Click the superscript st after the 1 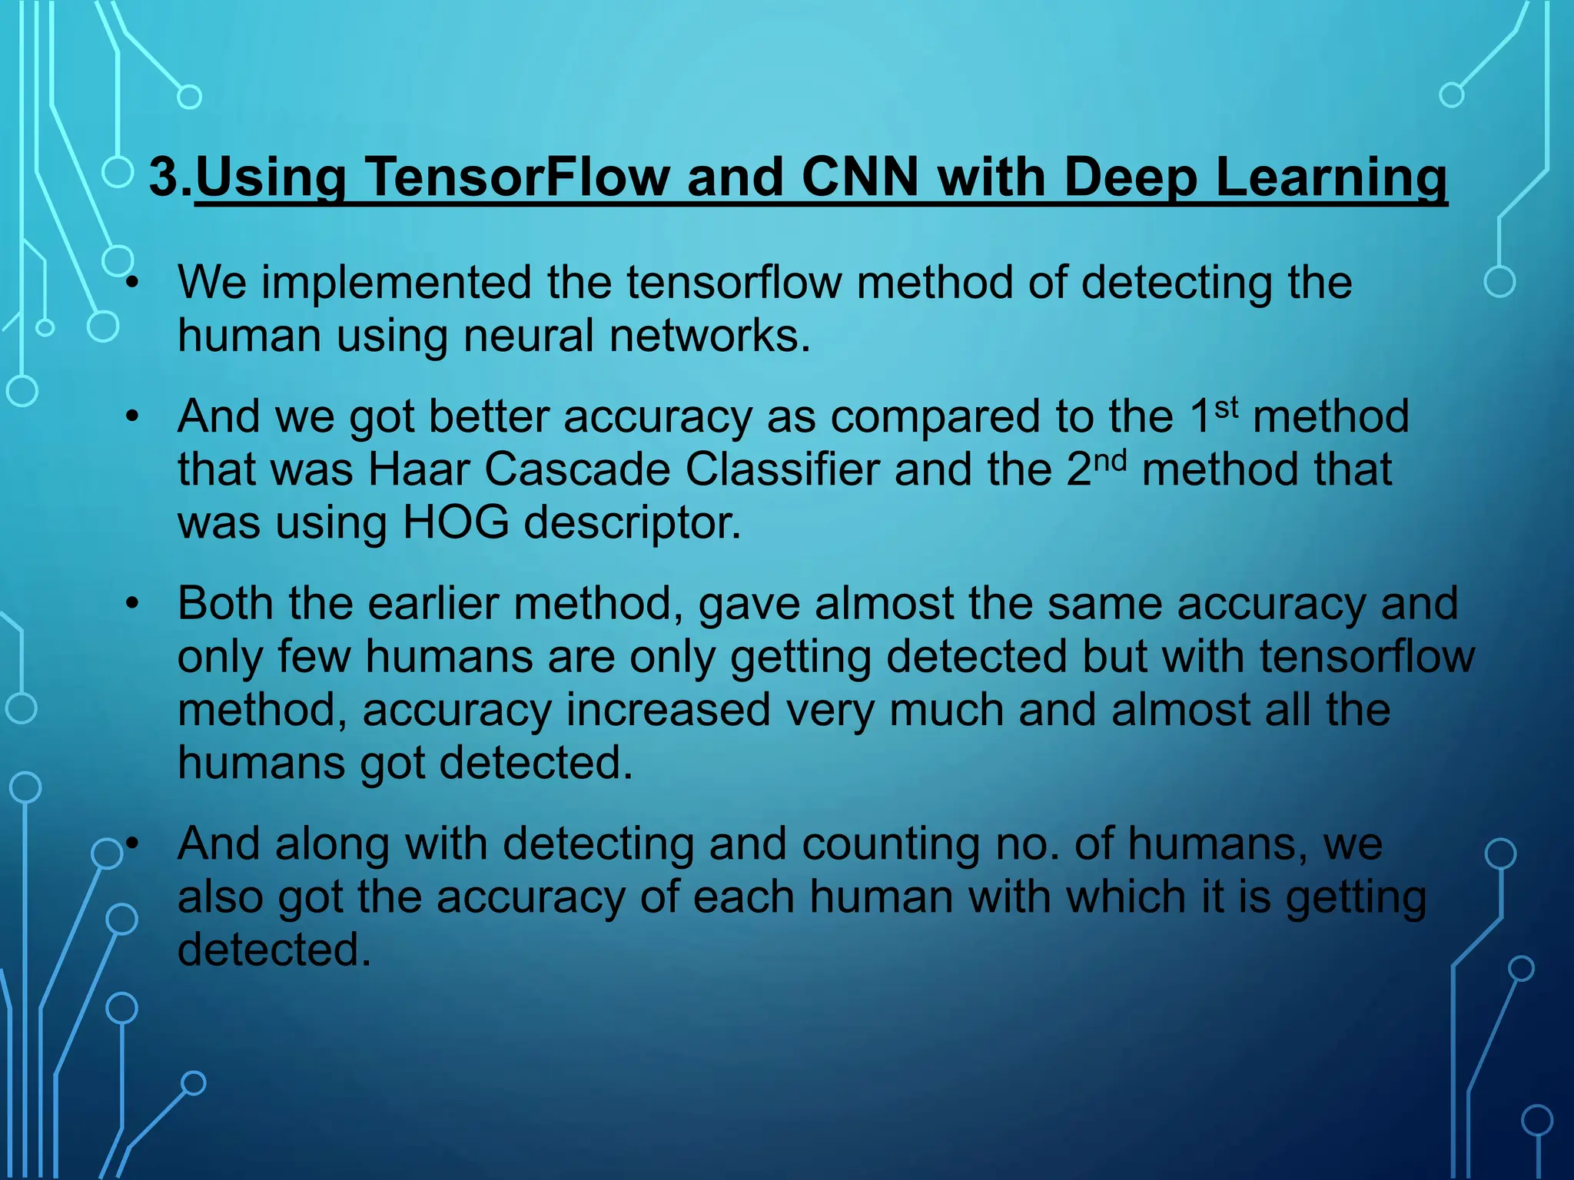pos(1227,406)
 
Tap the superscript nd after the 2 pos(1110,459)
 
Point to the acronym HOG pos(456,523)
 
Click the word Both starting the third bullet pos(225,604)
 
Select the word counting pos(883,844)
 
